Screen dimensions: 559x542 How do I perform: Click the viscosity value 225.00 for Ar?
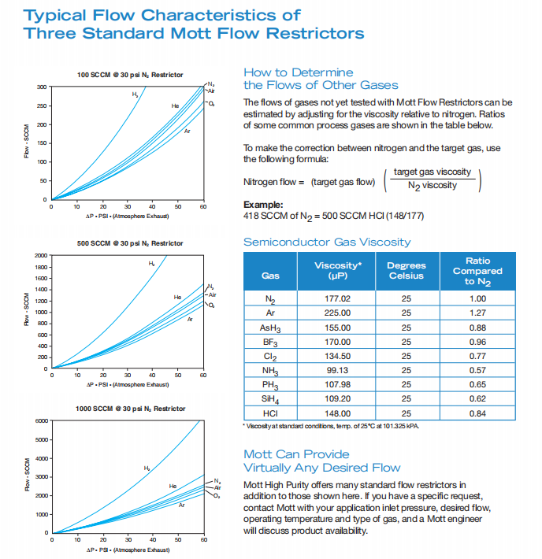pos(337,312)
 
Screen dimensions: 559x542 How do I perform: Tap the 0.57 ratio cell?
pos(477,371)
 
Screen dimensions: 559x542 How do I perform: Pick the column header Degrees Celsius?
pos(406,271)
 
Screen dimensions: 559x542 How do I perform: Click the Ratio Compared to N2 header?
pos(477,271)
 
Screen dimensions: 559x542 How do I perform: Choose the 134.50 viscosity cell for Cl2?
pos(337,356)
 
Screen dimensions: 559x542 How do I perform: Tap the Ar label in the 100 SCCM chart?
pos(187,131)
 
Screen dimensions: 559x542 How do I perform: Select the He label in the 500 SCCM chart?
pos(177,297)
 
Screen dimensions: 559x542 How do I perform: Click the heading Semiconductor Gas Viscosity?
pos(327,242)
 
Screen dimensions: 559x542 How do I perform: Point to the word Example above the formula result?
pos(262,205)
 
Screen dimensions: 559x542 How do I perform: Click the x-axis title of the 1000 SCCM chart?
pos(129,549)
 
